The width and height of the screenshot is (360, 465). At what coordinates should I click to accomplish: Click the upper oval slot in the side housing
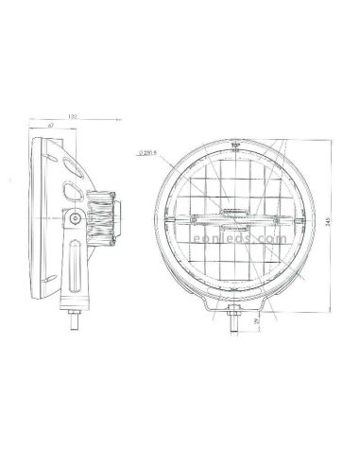coord(71,162)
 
